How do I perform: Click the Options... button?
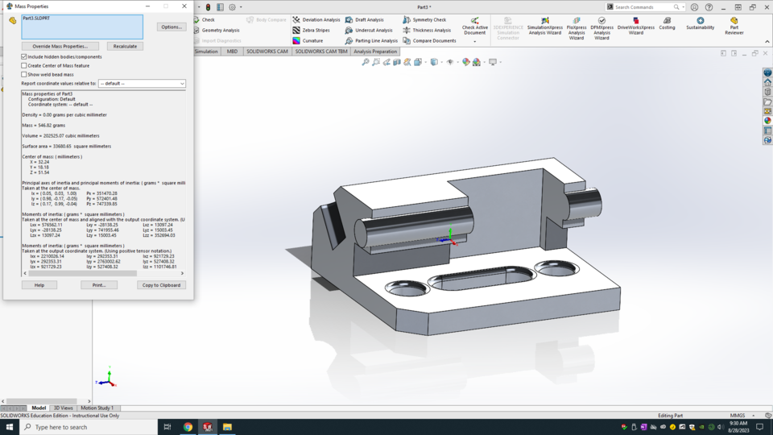tap(171, 27)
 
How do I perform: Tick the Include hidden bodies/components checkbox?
tap(24, 57)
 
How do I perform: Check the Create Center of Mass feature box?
tap(24, 66)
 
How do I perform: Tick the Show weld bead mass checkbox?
tap(24, 74)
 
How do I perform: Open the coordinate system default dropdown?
tap(142, 83)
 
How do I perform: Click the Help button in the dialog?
tap(39, 285)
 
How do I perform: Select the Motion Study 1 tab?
tap(97, 408)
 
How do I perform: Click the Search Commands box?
tap(647, 6)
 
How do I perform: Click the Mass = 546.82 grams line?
tap(45, 125)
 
